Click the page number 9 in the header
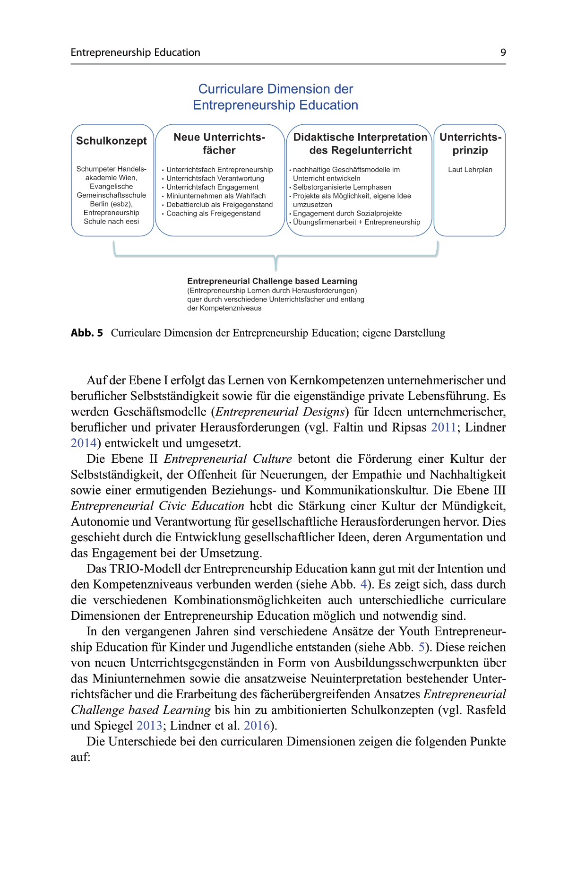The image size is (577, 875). click(x=503, y=52)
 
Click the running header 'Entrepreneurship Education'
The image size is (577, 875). click(x=135, y=52)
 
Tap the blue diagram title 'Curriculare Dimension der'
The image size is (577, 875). click(x=276, y=89)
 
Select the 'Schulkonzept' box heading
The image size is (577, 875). click(x=112, y=141)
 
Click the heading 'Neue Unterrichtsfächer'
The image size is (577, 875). click(x=219, y=144)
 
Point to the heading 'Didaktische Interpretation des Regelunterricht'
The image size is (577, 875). click(x=360, y=144)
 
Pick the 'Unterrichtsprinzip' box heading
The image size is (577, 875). click(x=470, y=144)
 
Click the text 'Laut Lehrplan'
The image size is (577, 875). click(x=470, y=170)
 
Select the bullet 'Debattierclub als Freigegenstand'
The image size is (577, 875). click(x=219, y=205)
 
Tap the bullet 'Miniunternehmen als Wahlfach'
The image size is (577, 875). click(x=216, y=196)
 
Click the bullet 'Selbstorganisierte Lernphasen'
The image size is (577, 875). click(x=342, y=187)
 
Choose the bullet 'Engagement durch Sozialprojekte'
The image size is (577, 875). click(x=347, y=213)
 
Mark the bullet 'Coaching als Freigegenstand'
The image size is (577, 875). click(x=214, y=214)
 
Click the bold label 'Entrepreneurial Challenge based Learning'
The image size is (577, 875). click(x=272, y=281)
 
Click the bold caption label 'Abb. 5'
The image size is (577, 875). click(x=87, y=333)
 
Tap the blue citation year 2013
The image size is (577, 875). click(x=149, y=726)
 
